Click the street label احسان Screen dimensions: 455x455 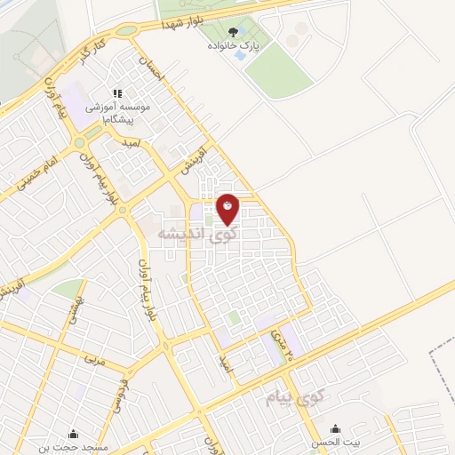click(152, 70)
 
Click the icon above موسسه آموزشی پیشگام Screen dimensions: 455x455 click(116, 92)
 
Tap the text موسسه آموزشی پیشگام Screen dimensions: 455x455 click(116, 111)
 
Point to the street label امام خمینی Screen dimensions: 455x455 click(28, 175)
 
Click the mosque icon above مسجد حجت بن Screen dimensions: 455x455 click(73, 434)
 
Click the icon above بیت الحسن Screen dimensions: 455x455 click(335, 427)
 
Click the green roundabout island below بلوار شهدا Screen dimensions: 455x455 click(127, 30)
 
